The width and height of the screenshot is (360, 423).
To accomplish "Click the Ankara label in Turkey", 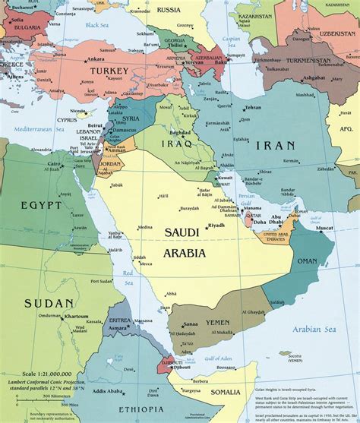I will [x=96, y=58].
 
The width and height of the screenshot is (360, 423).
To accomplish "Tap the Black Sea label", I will [x=98, y=25].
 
